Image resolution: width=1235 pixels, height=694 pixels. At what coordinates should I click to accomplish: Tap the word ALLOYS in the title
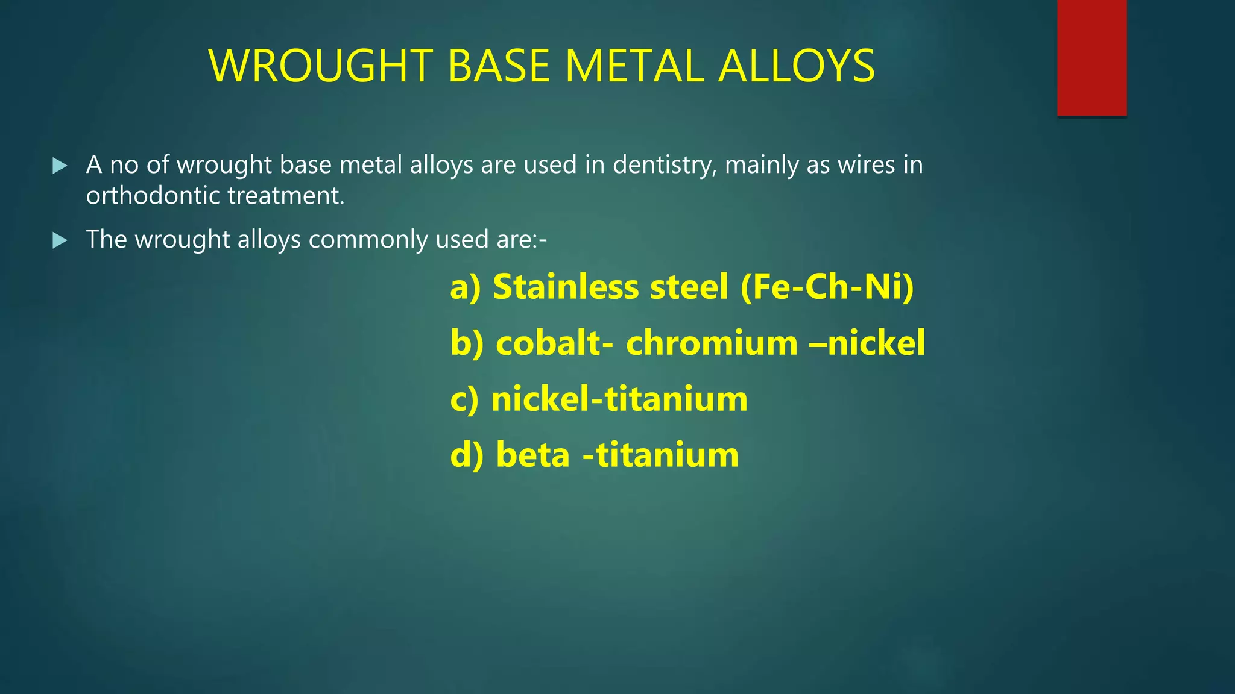796,66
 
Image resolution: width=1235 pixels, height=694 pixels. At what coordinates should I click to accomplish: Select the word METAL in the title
634,66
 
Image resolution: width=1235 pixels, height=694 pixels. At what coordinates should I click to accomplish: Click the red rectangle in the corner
1091,58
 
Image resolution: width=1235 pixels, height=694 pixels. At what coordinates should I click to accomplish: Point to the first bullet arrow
60,166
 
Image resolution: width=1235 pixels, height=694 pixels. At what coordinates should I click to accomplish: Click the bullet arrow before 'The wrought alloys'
60,241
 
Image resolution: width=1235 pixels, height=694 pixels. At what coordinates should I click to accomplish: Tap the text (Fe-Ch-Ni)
827,287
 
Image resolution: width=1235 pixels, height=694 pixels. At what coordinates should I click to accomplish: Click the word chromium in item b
712,343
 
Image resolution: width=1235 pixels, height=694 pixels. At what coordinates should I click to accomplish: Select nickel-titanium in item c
619,399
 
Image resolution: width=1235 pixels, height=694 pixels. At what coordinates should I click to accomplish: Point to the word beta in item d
532,455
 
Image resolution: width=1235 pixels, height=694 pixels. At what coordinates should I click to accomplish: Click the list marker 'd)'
467,455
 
